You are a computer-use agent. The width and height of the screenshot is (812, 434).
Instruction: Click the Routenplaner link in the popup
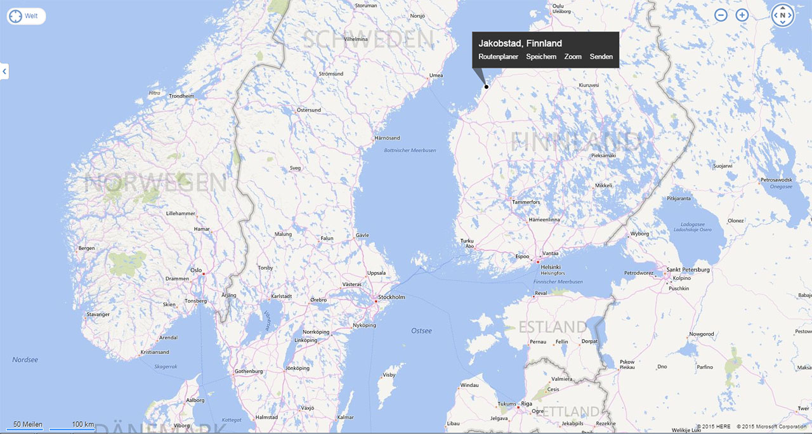498,57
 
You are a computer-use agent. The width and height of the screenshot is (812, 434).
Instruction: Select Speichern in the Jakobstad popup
541,57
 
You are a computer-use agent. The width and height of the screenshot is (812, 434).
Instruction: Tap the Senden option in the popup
601,57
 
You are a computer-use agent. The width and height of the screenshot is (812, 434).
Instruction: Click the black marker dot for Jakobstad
487,86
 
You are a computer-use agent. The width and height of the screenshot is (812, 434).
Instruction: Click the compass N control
783,15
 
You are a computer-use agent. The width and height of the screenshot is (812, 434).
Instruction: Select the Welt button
27,16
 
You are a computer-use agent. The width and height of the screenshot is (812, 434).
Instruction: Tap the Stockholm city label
391,297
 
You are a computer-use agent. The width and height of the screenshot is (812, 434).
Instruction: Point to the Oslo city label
196,270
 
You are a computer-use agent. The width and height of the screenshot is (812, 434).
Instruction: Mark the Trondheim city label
181,96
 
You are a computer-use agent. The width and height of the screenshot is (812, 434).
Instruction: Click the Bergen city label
86,248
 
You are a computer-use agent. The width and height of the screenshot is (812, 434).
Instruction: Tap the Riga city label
527,404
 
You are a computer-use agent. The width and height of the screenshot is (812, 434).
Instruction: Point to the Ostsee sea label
421,331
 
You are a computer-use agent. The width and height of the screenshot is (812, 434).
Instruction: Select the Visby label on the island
389,375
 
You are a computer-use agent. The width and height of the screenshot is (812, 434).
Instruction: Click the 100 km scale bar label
82,424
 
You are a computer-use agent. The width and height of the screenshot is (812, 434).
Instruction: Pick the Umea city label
436,76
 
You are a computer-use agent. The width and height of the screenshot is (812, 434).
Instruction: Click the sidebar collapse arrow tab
4,71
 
